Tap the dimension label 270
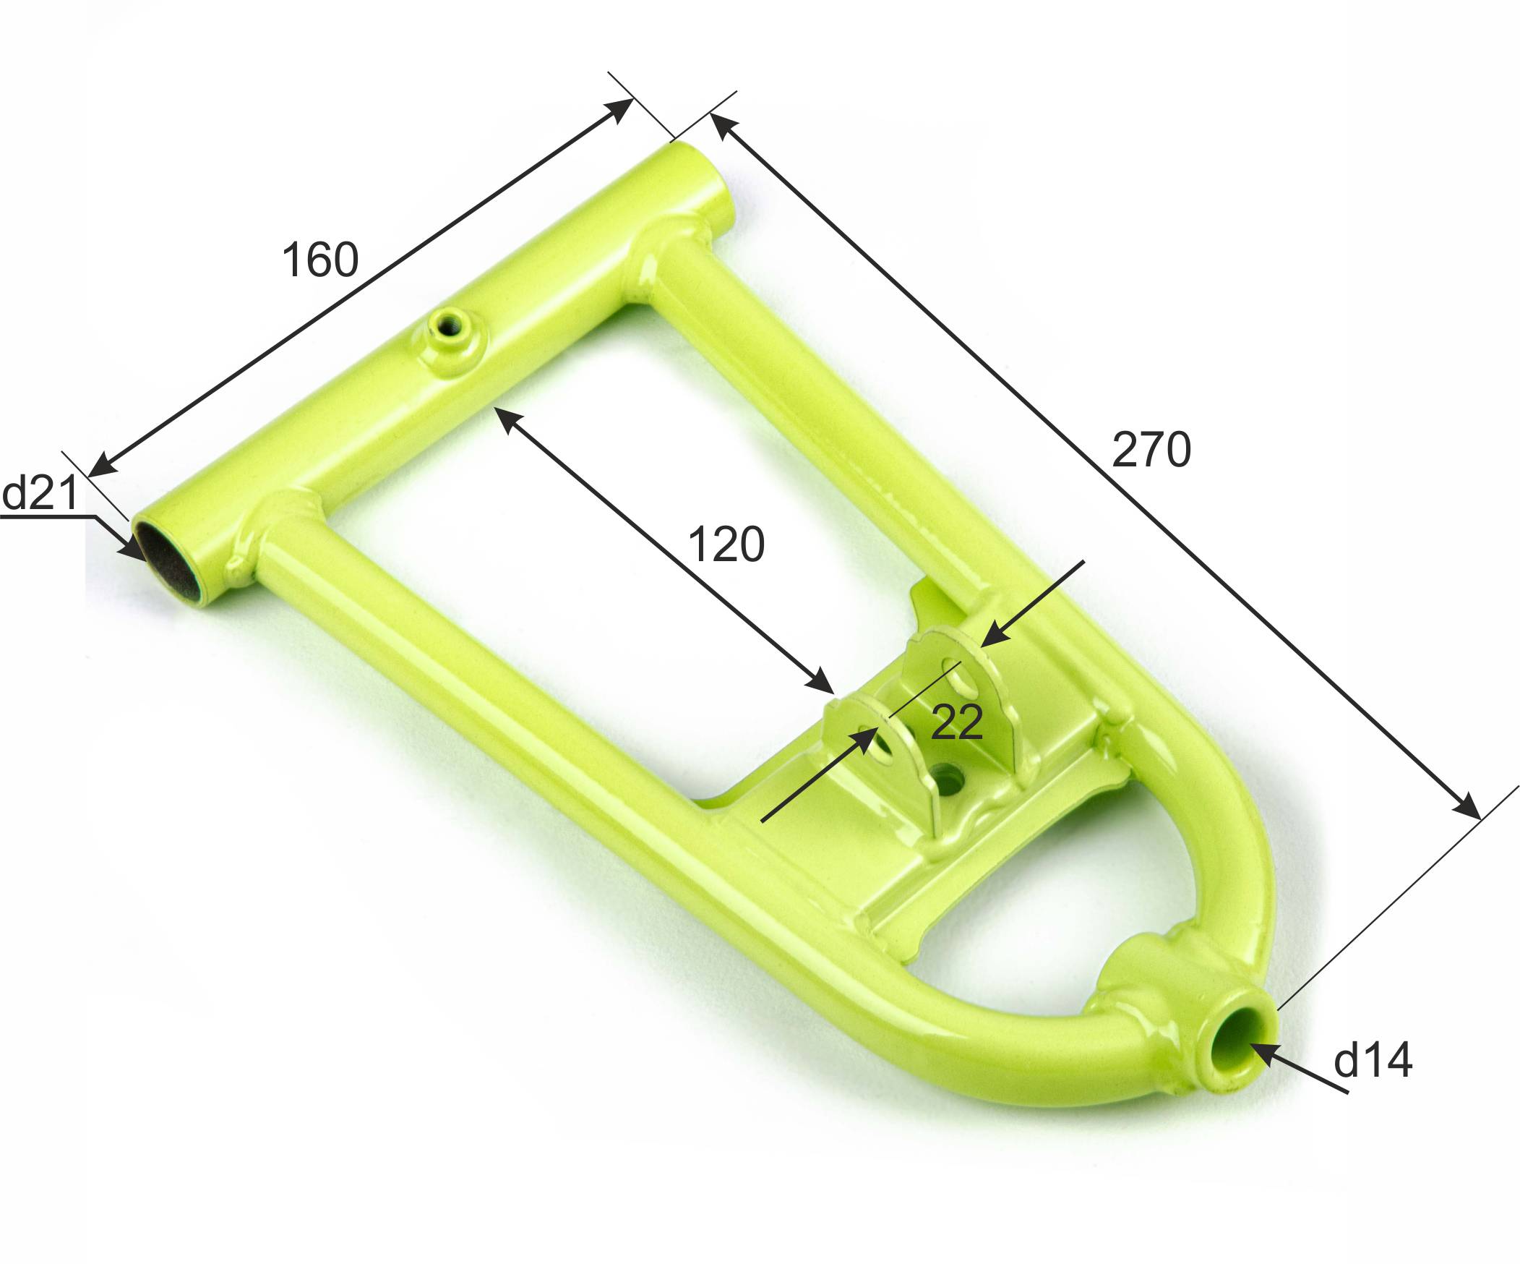[1151, 449]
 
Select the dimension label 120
[726, 544]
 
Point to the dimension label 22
[957, 721]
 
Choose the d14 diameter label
[1373, 1061]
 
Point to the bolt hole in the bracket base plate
[946, 780]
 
